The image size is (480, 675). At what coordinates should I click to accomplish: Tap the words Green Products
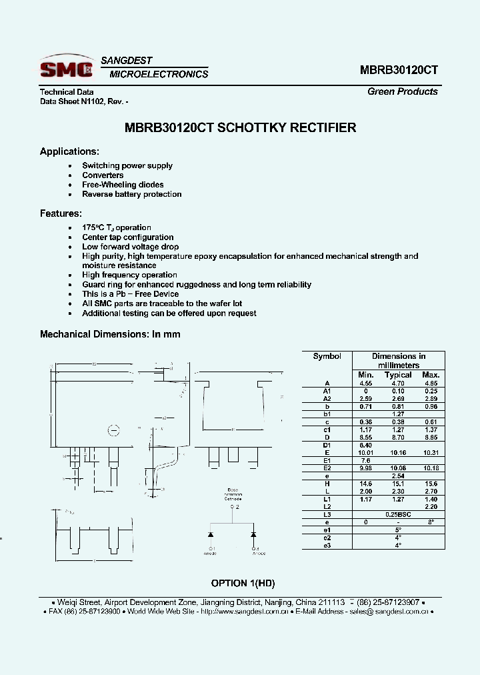[403, 91]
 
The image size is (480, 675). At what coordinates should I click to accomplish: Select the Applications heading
[69, 151]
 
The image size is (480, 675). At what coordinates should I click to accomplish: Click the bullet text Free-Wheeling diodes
[123, 185]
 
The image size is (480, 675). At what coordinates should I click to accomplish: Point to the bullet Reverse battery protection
[131, 194]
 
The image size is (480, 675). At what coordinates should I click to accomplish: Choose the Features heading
[61, 213]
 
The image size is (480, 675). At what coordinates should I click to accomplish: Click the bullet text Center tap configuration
[127, 237]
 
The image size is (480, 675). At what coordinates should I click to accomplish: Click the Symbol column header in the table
[327, 356]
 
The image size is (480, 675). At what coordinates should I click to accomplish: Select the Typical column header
[398, 375]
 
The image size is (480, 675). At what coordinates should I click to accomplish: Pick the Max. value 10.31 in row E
[431, 453]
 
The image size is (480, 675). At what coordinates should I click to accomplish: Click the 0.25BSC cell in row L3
[398, 514]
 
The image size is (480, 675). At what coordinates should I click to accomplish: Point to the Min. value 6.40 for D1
[365, 445]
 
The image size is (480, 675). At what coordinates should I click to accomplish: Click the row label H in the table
[327, 483]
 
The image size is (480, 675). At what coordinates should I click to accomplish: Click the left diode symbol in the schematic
[211, 535]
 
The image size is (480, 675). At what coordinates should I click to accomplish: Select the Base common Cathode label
[233, 493]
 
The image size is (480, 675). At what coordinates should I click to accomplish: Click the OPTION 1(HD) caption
[243, 583]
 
